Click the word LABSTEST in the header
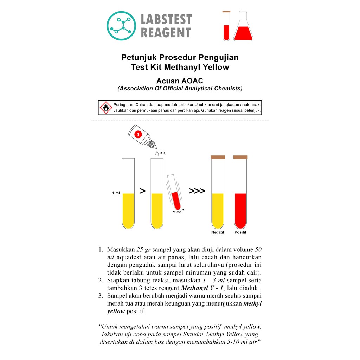point(166,19)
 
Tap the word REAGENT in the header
point(166,32)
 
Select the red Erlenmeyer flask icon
point(243,26)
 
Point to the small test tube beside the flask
point(226,26)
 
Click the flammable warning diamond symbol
point(106,108)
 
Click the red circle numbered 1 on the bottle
point(138,134)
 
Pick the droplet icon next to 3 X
point(157,153)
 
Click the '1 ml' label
point(116,193)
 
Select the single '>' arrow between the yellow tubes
point(143,191)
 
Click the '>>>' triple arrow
point(197,191)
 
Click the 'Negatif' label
point(218,232)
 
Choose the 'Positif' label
point(240,232)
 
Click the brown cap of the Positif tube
point(240,157)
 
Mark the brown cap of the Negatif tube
point(218,157)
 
